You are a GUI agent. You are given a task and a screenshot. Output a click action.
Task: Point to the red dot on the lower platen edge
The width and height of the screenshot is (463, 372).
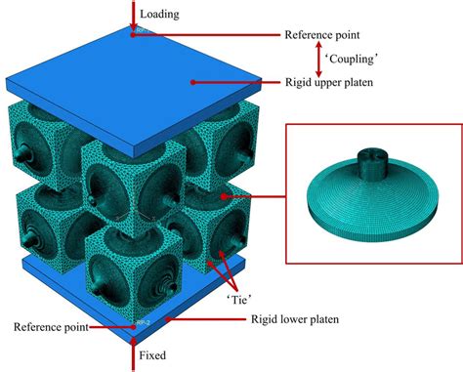[x=167, y=316]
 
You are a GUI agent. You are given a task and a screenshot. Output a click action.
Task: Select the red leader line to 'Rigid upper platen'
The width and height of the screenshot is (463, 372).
[x=234, y=83]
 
